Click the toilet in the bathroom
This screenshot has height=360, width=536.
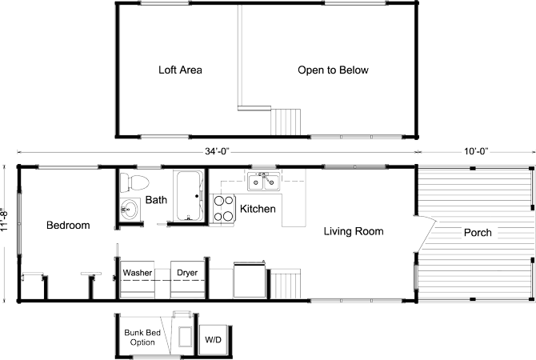point(130,182)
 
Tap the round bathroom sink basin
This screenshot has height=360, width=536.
point(130,210)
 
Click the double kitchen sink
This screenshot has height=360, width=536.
point(263,182)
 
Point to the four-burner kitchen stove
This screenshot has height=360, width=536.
point(223,207)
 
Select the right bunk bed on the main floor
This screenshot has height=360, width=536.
point(188,276)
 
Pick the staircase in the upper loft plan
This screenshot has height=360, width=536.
point(287,121)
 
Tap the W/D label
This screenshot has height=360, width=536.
point(213,339)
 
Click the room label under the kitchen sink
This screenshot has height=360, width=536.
point(258,209)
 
